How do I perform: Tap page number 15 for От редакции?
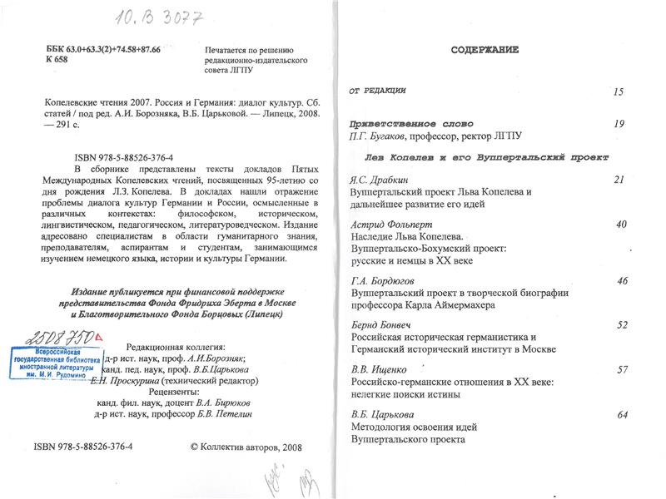(618, 91)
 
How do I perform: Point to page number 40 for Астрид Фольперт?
(620, 225)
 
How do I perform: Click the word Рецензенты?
(172, 391)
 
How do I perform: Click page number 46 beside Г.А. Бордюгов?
(621, 281)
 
